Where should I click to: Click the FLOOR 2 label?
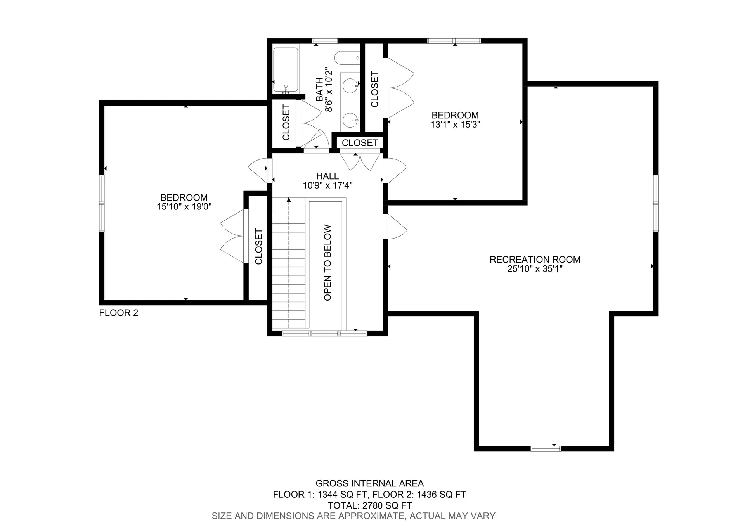118,313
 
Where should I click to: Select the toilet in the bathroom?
347,58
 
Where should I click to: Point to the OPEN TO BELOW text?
327,263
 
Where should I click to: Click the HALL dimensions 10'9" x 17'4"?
327,185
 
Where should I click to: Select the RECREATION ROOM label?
535,260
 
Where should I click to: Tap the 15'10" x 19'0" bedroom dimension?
184,207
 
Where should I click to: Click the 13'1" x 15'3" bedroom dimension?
455,125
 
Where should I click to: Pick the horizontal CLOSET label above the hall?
360,143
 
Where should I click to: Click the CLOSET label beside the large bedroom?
258,247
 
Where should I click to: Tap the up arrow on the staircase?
289,200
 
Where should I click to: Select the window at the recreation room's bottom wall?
546,448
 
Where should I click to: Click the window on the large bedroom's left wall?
102,203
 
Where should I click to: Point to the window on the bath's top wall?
325,41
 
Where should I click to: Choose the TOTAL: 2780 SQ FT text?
369,505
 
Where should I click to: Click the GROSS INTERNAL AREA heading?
369,483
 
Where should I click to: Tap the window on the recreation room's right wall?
656,203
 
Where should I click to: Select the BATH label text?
319,89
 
